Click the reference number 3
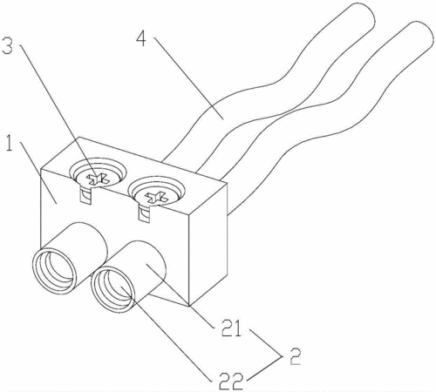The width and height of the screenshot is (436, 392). coord(8,46)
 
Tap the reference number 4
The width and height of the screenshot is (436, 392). coord(141,39)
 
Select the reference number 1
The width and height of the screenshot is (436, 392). coord(10,143)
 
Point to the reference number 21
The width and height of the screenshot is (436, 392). coord(231,328)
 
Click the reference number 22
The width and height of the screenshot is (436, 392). coord(231,382)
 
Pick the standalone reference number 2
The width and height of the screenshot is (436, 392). coord(295,356)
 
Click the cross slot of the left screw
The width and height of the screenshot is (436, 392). coord(99,179)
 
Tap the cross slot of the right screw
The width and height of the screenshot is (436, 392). coord(157,198)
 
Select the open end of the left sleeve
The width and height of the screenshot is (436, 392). coord(54,271)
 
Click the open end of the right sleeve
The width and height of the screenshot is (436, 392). coord(112,290)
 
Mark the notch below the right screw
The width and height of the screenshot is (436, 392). coord(144,214)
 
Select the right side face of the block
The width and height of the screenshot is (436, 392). coord(208,245)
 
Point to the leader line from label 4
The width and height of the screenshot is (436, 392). coord(188,78)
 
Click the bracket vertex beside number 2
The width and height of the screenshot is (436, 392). coord(282,356)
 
